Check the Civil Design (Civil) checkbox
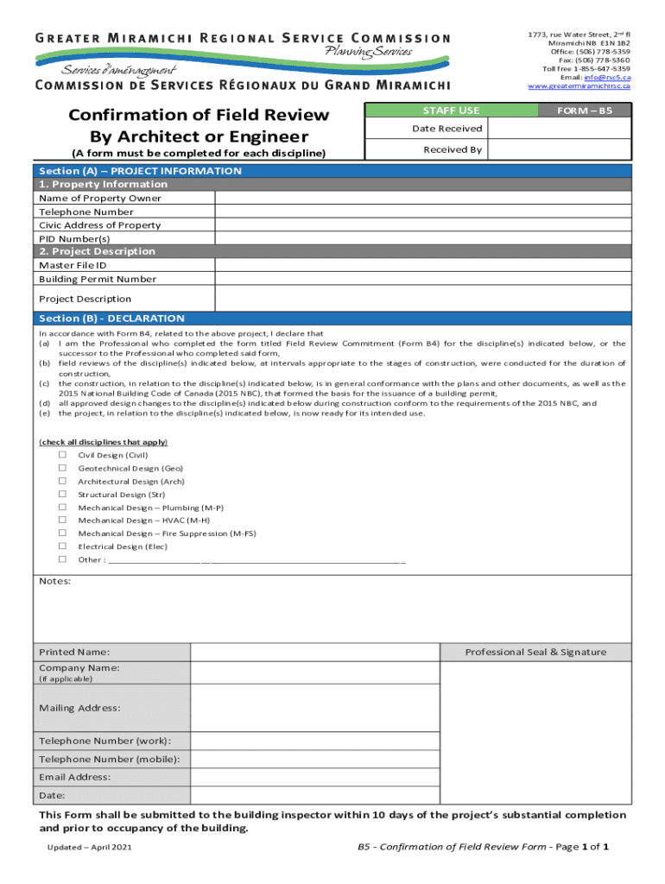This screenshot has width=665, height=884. [62, 455]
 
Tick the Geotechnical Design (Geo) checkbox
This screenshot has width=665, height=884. [62, 468]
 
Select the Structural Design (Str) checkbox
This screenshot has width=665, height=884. [62, 495]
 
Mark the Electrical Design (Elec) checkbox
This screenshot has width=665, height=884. [62, 546]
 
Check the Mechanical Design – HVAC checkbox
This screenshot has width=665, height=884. [62, 521]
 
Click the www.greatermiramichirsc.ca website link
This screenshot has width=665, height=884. [579, 86]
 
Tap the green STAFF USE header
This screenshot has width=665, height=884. [451, 110]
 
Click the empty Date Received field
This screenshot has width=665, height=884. [560, 129]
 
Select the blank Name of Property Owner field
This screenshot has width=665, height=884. [423, 198]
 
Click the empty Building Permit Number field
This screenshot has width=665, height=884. [423, 279]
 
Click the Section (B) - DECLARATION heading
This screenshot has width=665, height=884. [111, 319]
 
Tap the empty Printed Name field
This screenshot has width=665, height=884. [315, 652]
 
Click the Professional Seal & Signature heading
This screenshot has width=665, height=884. [535, 652]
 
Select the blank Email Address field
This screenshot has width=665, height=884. [315, 777]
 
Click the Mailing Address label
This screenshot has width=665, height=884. [79, 708]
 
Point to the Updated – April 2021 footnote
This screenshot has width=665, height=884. [91, 848]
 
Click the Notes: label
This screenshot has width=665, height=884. [55, 581]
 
